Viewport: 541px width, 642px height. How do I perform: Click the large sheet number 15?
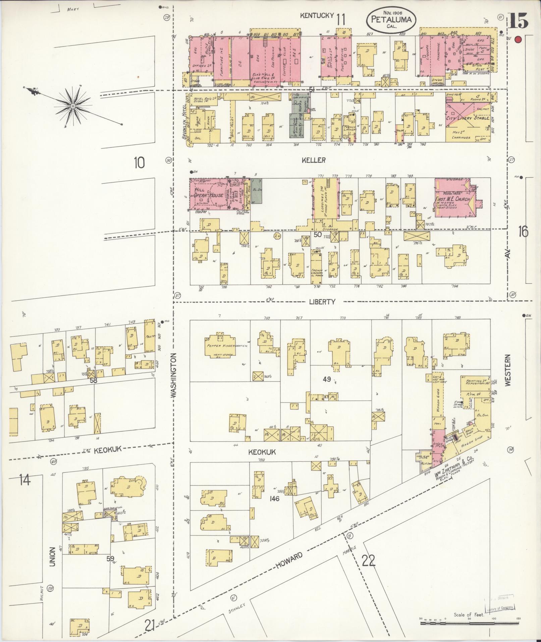point(518,21)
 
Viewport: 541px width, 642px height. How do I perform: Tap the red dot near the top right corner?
point(518,40)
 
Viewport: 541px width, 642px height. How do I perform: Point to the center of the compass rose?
point(72,106)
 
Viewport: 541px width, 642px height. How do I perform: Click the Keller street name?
point(313,160)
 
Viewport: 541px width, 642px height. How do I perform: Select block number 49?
point(327,380)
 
